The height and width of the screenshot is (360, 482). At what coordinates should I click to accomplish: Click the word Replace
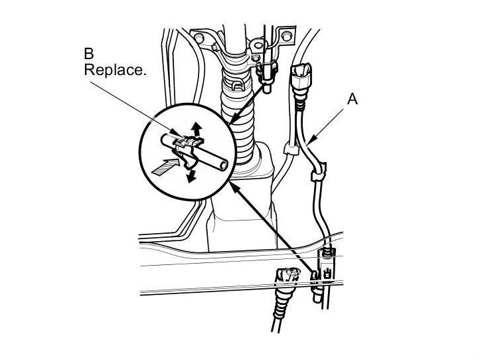114,70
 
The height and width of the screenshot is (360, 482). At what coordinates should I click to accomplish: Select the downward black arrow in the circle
192,175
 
